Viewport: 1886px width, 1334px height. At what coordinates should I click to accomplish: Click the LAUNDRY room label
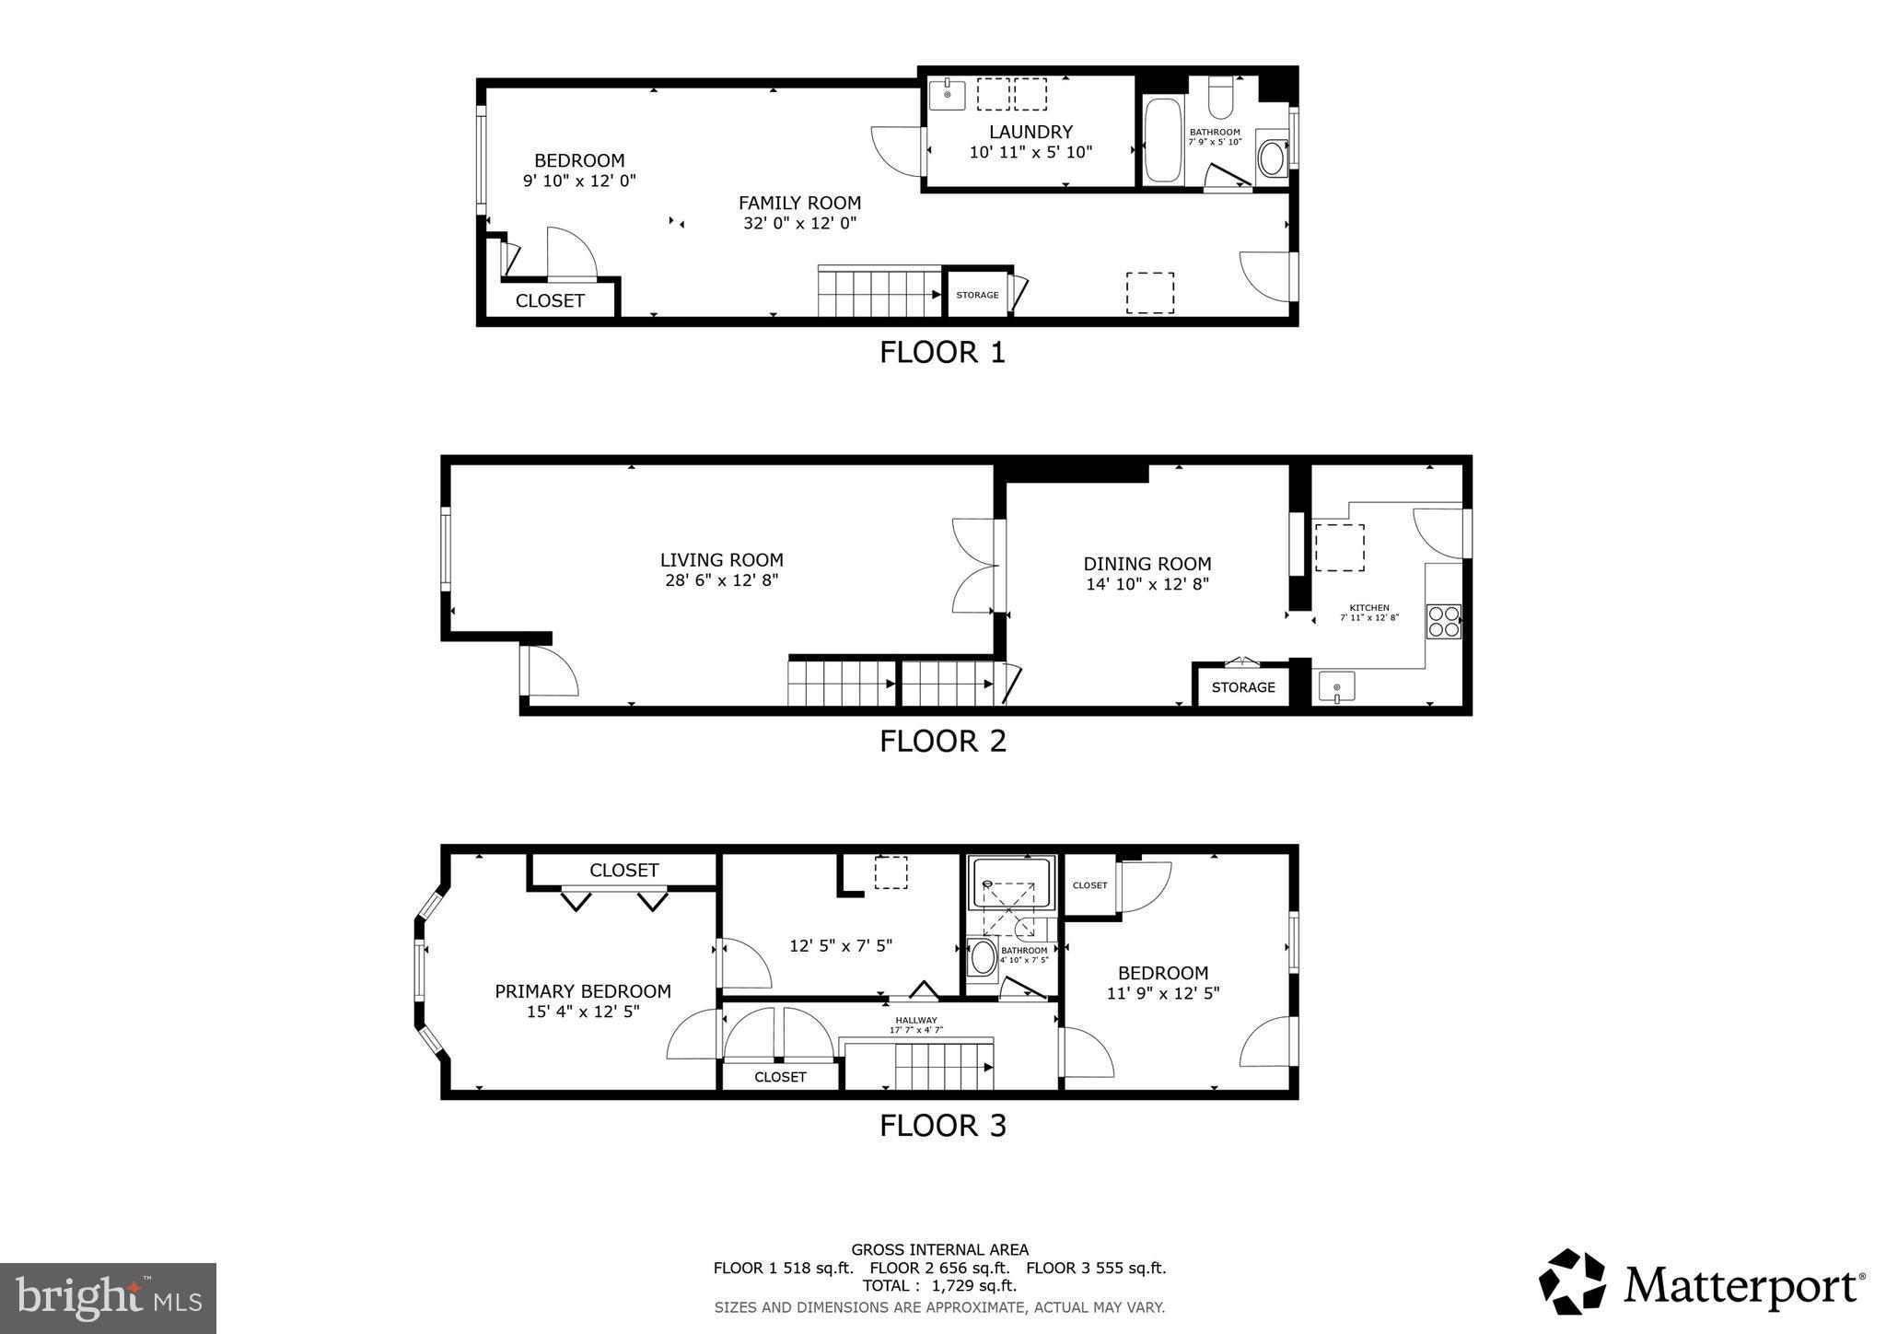[1030, 132]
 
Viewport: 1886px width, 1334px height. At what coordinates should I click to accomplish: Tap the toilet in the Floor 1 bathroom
[1220, 100]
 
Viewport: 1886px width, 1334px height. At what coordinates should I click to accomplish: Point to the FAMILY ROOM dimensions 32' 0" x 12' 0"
[799, 223]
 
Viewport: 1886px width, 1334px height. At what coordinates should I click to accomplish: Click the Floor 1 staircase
[879, 293]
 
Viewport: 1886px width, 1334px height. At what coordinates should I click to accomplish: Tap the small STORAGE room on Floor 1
[977, 295]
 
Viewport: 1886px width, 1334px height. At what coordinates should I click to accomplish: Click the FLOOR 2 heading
[942, 741]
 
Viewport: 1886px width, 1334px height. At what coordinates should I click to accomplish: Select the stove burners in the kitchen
[1443, 621]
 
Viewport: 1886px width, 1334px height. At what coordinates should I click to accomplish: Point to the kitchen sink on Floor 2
[1336, 687]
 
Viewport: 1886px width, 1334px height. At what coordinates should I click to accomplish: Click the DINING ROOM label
[1147, 564]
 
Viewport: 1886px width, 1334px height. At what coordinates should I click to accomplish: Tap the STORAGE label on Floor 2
[1242, 687]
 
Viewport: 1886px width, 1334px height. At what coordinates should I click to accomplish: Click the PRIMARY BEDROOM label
[582, 991]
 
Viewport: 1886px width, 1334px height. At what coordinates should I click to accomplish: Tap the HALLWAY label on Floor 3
[916, 1020]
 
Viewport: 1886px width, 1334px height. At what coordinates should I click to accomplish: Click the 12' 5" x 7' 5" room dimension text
[840, 945]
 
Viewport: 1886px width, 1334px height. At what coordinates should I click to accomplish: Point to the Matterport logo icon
[1571, 1281]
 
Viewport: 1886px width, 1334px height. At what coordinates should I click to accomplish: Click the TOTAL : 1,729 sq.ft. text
[939, 1285]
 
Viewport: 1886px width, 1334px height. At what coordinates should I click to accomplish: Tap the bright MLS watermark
[108, 1298]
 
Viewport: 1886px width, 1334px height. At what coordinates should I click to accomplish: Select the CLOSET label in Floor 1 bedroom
[550, 300]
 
